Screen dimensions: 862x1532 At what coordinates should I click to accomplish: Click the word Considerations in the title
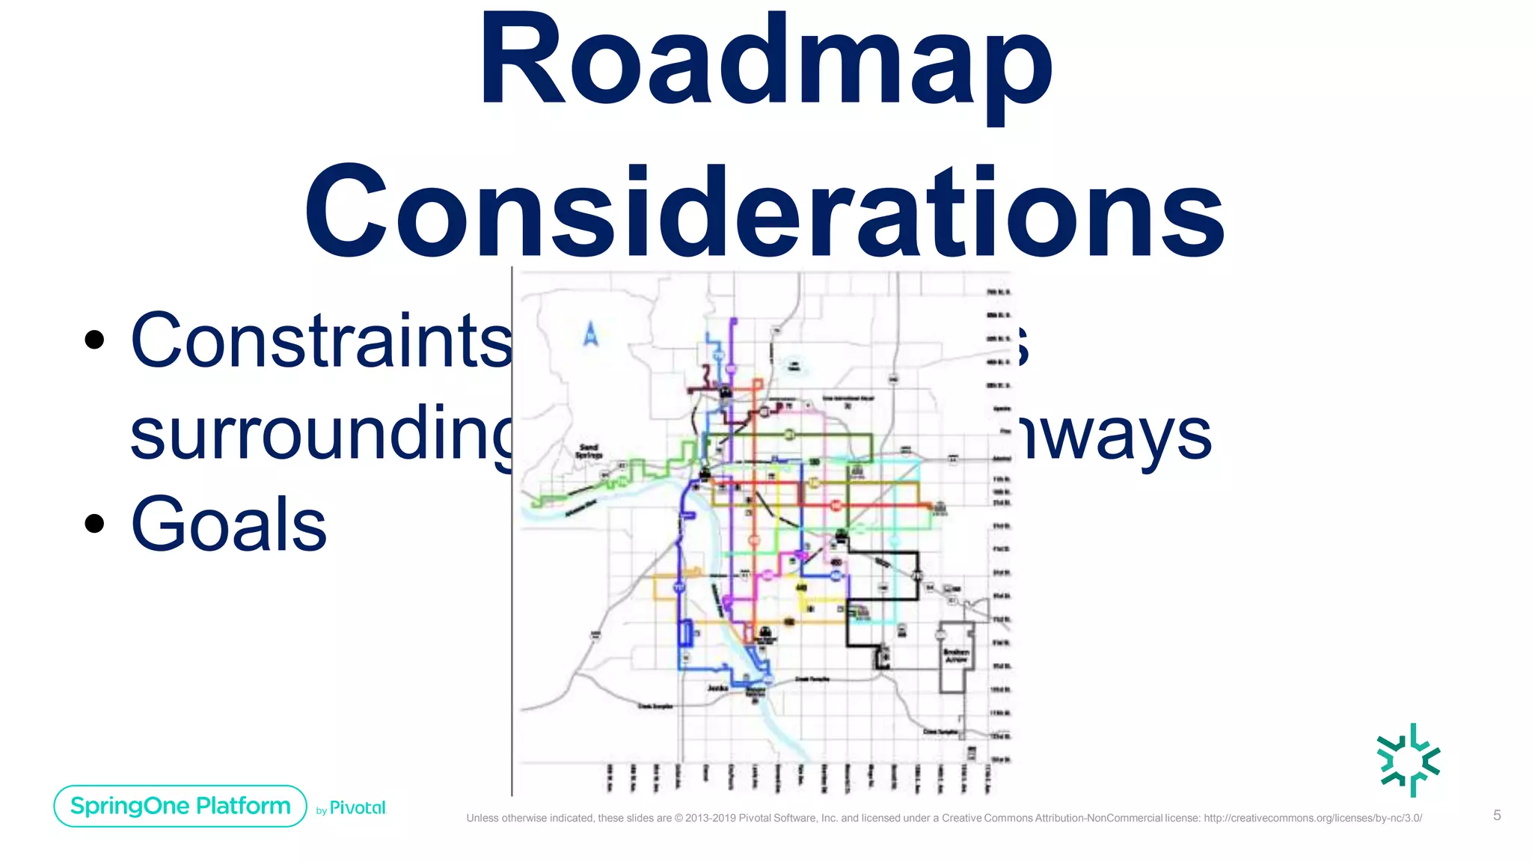pos(765,213)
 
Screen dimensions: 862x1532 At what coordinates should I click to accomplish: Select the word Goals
pos(228,525)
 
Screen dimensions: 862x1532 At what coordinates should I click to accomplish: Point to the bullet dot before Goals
pos(94,523)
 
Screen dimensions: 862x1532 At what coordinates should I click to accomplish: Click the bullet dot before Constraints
pos(94,340)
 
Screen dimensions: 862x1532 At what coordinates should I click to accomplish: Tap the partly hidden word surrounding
pos(322,434)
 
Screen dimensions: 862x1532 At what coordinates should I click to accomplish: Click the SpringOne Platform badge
pos(180,806)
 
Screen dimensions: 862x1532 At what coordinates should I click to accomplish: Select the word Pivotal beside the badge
pos(358,807)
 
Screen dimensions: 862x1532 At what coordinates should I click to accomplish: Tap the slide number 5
pos(1497,815)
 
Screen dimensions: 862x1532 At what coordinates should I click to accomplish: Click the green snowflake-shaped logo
pos(1409,759)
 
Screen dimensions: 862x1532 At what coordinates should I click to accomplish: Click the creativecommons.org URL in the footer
pos(1312,818)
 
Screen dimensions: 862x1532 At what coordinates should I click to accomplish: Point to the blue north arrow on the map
pos(591,334)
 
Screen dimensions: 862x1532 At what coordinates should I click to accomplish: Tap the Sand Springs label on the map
pos(589,451)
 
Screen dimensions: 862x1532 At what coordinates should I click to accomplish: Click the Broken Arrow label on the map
pos(956,655)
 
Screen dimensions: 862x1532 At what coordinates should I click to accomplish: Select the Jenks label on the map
pos(717,688)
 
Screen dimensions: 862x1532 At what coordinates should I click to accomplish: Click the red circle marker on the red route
pos(836,507)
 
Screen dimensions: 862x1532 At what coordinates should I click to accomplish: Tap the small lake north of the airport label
pos(794,365)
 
